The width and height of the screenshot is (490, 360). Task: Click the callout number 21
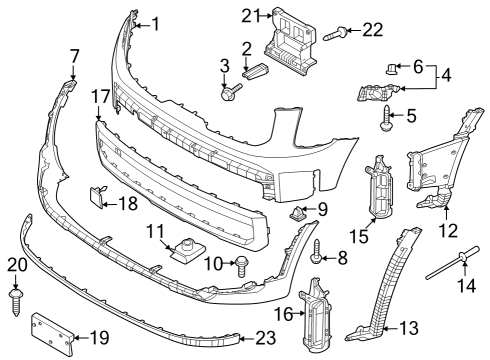pyautogui.click(x=250, y=14)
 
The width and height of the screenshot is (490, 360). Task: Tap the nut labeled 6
pyautogui.click(x=387, y=70)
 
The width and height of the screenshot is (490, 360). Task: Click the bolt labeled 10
pyautogui.click(x=240, y=264)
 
